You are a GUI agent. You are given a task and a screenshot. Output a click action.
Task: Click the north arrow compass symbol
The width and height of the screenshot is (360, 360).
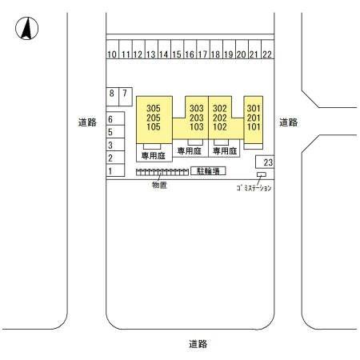(x=26, y=28)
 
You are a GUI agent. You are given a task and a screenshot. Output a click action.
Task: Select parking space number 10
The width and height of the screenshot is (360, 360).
(x=113, y=50)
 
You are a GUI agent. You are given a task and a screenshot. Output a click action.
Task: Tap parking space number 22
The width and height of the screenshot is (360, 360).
(x=267, y=50)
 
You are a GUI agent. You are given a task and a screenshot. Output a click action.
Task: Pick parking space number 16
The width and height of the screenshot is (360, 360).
(x=190, y=50)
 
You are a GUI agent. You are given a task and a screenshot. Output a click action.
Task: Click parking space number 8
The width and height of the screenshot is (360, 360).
(x=112, y=97)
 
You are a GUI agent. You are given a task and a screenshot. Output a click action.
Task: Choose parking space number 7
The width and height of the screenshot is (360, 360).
(x=126, y=97)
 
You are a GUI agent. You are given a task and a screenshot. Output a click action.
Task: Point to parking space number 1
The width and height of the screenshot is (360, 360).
(x=115, y=170)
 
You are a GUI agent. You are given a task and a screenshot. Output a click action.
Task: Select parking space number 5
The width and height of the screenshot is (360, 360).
(x=115, y=131)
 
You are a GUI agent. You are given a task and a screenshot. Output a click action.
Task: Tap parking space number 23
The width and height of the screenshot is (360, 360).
(x=265, y=162)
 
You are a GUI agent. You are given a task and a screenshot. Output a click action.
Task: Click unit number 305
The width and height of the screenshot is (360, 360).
(x=154, y=108)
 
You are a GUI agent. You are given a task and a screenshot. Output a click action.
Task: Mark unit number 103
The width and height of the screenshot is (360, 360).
(x=197, y=126)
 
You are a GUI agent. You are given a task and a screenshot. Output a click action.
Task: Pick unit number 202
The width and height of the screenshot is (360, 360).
(x=220, y=118)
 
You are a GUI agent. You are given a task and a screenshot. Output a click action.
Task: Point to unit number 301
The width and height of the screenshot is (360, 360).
(x=254, y=108)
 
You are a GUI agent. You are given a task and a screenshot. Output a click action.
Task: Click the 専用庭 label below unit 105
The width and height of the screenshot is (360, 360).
(x=154, y=156)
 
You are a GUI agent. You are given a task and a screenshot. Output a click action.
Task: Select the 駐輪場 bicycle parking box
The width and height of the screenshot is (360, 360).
(x=208, y=171)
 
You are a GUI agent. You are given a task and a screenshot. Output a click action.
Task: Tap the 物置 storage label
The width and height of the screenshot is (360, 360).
(x=159, y=185)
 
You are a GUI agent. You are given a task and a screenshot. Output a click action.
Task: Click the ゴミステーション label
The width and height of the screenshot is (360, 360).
(x=254, y=188)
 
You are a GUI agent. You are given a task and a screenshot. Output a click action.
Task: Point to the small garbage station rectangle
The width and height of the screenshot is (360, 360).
(x=262, y=174)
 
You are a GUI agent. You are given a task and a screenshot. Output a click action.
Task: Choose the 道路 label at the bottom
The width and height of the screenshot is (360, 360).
(x=198, y=344)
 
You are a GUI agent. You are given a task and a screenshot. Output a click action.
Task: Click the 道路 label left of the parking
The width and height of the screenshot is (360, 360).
(x=87, y=122)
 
